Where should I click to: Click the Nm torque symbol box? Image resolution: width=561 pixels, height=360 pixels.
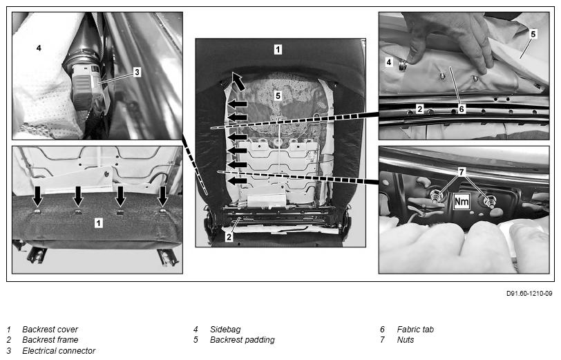(462, 202)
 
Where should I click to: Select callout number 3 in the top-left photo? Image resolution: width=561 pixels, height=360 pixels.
(137, 71)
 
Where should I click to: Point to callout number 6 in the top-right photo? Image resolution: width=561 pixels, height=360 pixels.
(460, 108)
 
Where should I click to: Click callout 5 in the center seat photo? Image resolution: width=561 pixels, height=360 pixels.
(278, 96)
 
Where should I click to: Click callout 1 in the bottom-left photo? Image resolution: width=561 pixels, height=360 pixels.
(98, 222)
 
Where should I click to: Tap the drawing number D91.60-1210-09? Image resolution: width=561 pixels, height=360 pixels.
(529, 293)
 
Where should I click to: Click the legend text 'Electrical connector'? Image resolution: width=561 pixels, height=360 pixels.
(59, 350)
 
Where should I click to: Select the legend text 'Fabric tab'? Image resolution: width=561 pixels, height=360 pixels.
(415, 330)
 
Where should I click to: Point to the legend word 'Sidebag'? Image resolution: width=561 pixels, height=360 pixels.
(225, 330)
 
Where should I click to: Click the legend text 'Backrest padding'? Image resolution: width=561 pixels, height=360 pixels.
(242, 340)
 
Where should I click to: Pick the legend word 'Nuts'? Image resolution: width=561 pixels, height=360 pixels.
(406, 340)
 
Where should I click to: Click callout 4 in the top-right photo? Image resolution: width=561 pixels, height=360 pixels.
(389, 62)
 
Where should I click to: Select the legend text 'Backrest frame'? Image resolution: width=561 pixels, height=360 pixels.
(50, 340)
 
